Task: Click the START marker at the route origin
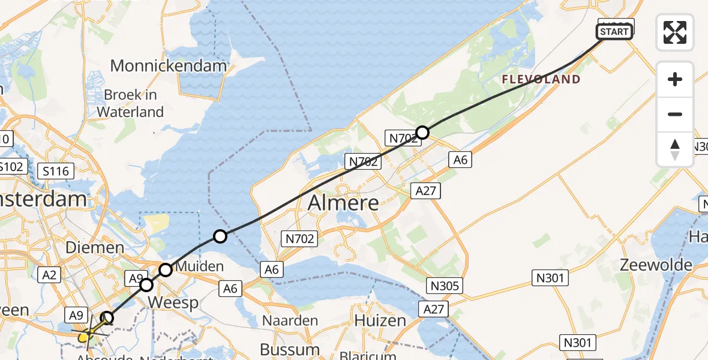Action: pos(614,32)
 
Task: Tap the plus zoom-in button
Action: pos(675,79)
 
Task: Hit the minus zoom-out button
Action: pos(675,114)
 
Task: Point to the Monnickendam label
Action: pos(169,65)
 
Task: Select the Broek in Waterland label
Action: pos(130,103)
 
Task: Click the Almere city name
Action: pos(343,203)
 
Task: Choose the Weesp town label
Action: pos(173,302)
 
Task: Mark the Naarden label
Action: pos(290,320)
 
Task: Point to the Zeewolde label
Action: pos(656,265)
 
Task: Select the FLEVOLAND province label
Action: pos(541,79)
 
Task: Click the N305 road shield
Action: pos(445,285)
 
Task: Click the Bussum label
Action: pos(290,349)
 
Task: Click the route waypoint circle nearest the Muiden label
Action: pos(166,269)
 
